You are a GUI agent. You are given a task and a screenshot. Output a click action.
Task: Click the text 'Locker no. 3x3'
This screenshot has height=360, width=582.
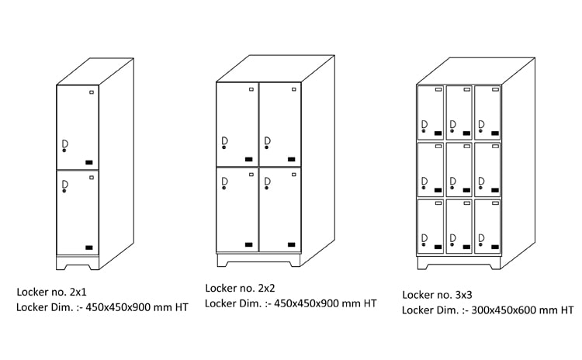435,295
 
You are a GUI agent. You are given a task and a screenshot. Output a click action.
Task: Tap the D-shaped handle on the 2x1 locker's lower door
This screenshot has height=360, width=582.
65,184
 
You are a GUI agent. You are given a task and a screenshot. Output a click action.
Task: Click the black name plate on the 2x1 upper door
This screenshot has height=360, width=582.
89,162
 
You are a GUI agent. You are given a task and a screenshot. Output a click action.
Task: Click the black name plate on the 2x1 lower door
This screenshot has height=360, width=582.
89,247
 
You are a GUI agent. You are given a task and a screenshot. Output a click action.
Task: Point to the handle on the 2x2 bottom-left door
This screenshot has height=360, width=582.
224,182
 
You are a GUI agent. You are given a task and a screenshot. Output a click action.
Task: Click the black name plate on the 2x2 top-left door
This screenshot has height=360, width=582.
249,159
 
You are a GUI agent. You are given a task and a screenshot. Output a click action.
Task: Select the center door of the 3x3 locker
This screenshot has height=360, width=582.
459,168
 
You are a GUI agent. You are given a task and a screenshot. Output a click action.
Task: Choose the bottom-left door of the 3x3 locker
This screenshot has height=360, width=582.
431,226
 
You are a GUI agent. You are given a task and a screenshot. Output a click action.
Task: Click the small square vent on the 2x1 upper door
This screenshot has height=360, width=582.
92,93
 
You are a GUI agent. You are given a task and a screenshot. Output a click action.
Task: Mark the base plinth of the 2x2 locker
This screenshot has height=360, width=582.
258,259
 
